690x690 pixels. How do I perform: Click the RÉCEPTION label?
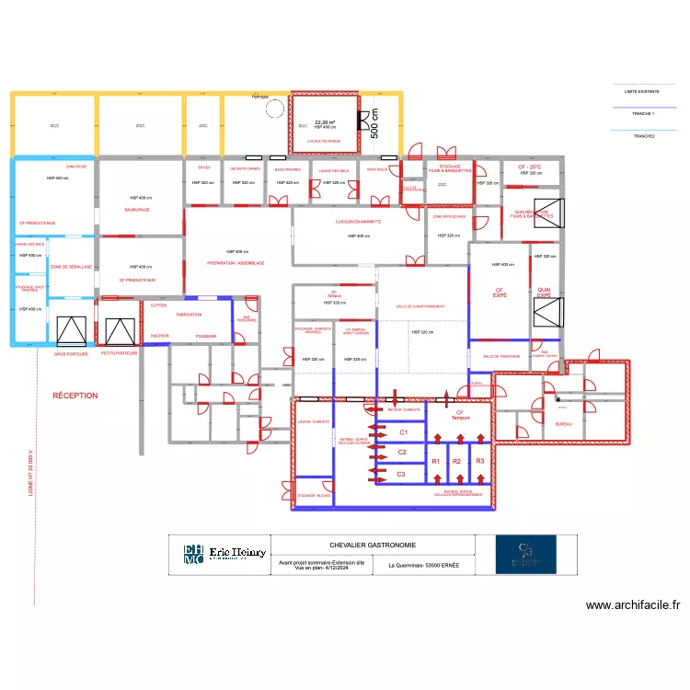pos(75,396)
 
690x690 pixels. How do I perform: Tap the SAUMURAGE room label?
pos(137,210)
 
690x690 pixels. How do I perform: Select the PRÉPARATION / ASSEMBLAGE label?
pos(236,263)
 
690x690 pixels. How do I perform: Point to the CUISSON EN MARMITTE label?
pos(358,222)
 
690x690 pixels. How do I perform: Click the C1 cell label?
pos(402,431)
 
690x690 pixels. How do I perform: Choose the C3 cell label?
pos(402,474)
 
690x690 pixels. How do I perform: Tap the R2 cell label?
pos(456,461)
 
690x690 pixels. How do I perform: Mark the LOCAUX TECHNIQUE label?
pos(324,141)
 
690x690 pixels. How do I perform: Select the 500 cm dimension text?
pos(374,122)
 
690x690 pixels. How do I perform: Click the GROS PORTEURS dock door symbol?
pos(71,331)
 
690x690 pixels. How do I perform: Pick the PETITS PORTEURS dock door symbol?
pos(120,331)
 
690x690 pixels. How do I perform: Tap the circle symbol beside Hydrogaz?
pos(275,109)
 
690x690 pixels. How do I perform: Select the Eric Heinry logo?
pos(225,553)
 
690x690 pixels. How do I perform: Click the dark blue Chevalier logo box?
pos(525,555)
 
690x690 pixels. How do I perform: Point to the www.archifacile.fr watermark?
pos(633,605)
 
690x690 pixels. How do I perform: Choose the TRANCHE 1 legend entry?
pos(642,113)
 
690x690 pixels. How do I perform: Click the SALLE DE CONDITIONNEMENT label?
pos(420,306)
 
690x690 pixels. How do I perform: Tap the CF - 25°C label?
pos(530,167)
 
